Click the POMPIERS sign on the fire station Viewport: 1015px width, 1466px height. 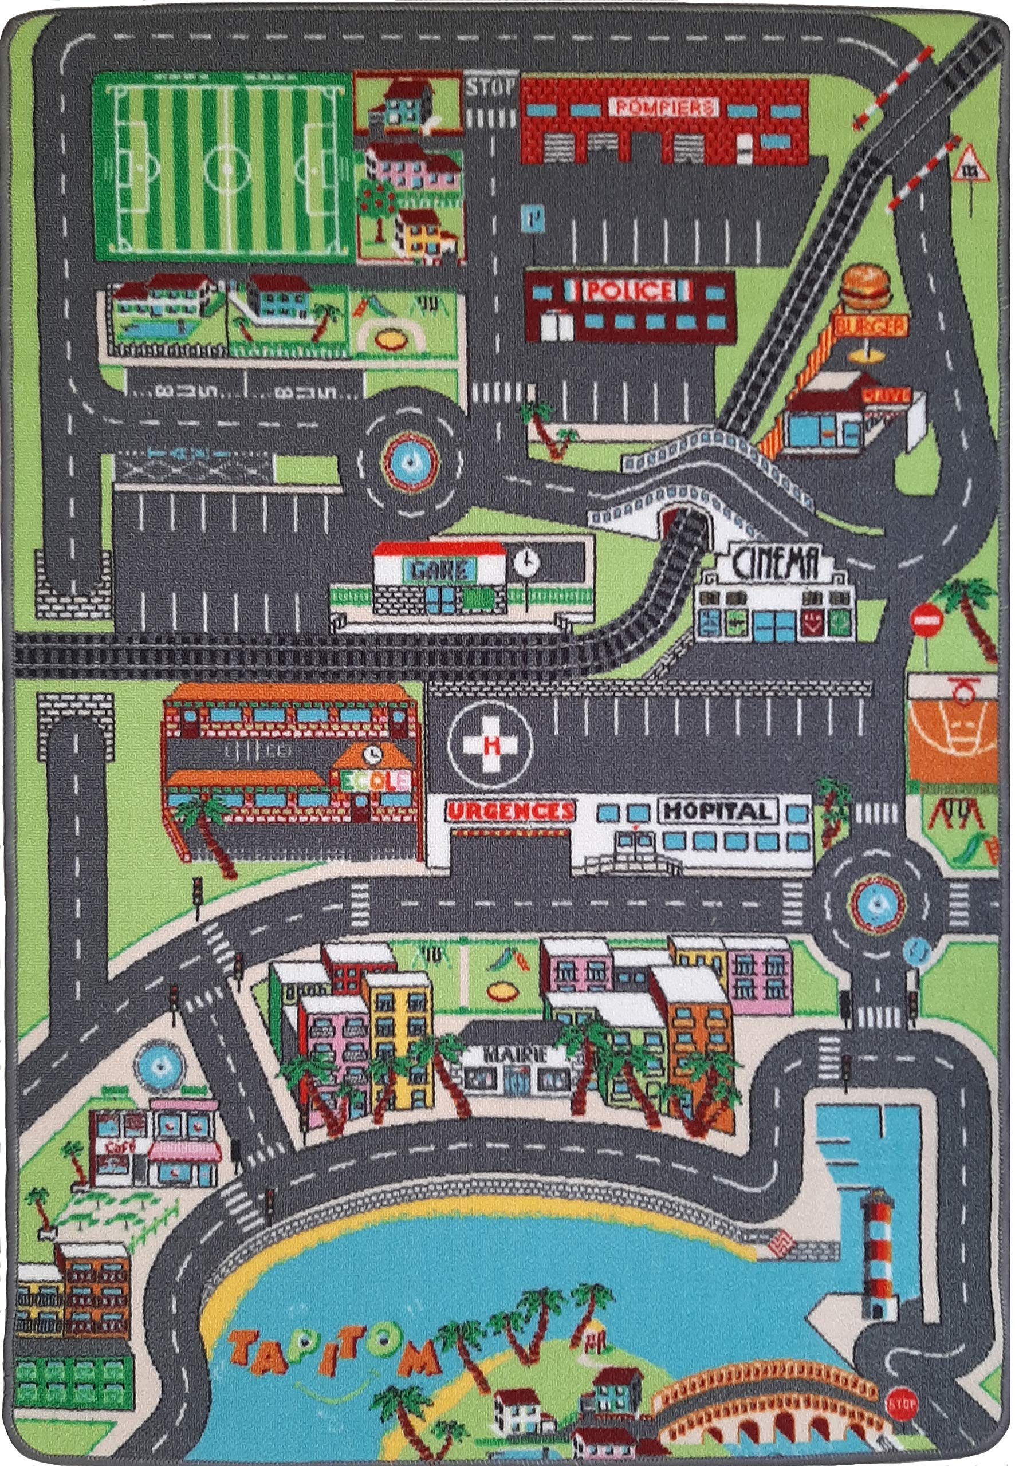pyautogui.click(x=664, y=107)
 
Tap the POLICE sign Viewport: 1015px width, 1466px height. pyautogui.click(x=628, y=292)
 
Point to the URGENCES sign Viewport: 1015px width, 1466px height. pyautogui.click(x=509, y=811)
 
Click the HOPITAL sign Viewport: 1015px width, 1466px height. pyautogui.click(x=718, y=810)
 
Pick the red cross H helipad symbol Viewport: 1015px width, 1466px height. pyautogui.click(x=489, y=745)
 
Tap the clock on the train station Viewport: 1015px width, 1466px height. pyautogui.click(x=526, y=561)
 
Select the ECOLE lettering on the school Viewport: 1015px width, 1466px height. pyautogui.click(x=375, y=781)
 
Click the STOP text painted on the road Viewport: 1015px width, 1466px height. pyautogui.click(x=490, y=87)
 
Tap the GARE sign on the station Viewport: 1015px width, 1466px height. pyautogui.click(x=443, y=570)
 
